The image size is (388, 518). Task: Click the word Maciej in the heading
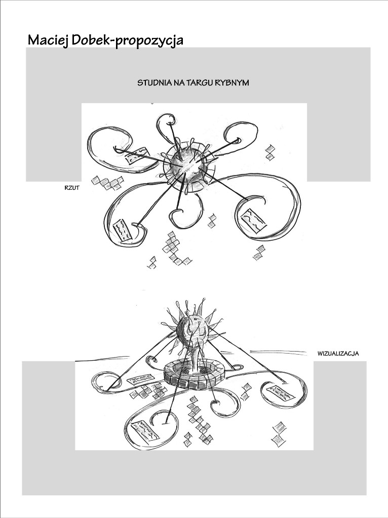point(48,40)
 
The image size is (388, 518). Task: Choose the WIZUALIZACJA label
point(338,354)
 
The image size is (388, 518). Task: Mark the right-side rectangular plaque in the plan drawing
point(254,220)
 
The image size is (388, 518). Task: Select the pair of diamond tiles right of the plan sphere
point(270,152)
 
